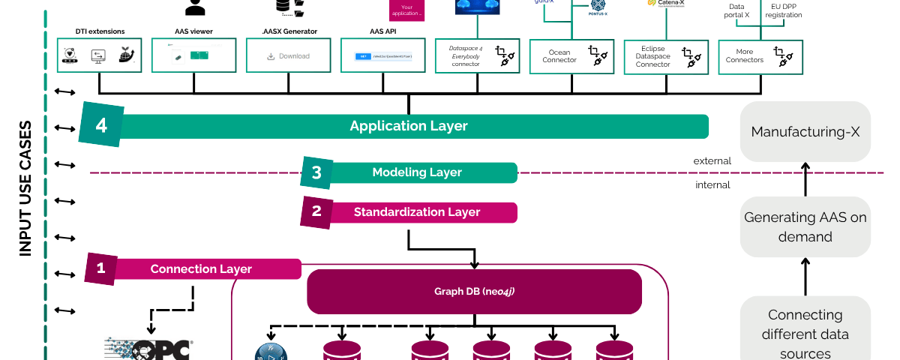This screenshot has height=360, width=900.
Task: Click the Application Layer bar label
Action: [409, 126]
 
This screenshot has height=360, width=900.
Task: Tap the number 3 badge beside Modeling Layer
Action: [316, 172]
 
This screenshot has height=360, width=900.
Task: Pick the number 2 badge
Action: [316, 211]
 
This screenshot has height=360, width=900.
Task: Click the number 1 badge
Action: [101, 268]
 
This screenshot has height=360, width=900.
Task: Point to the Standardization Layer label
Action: [416, 212]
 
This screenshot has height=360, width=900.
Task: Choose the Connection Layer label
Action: [201, 268]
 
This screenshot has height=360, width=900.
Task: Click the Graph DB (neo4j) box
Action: [474, 291]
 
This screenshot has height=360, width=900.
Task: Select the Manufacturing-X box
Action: [805, 132]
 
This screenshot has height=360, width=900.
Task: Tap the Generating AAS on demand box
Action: [805, 226]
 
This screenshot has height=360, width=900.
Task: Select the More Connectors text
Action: [744, 56]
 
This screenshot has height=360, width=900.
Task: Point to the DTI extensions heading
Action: [100, 31]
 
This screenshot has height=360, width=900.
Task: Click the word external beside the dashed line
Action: [712, 160]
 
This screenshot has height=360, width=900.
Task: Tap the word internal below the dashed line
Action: [712, 184]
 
